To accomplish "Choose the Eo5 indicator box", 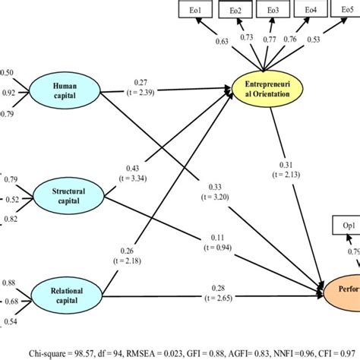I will pyautogui.click(x=346, y=10).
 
